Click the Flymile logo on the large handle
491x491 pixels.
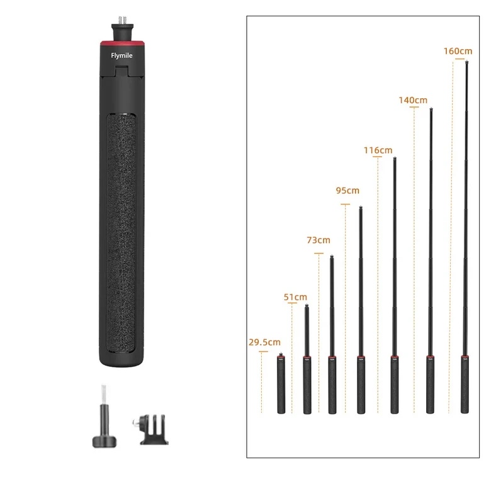121,55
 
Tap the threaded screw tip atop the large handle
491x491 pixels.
123,20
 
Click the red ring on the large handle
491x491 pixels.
122,43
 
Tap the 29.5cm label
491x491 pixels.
264,342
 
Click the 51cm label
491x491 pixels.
295,297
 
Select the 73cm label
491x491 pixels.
319,240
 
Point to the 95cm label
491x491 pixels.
347,190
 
